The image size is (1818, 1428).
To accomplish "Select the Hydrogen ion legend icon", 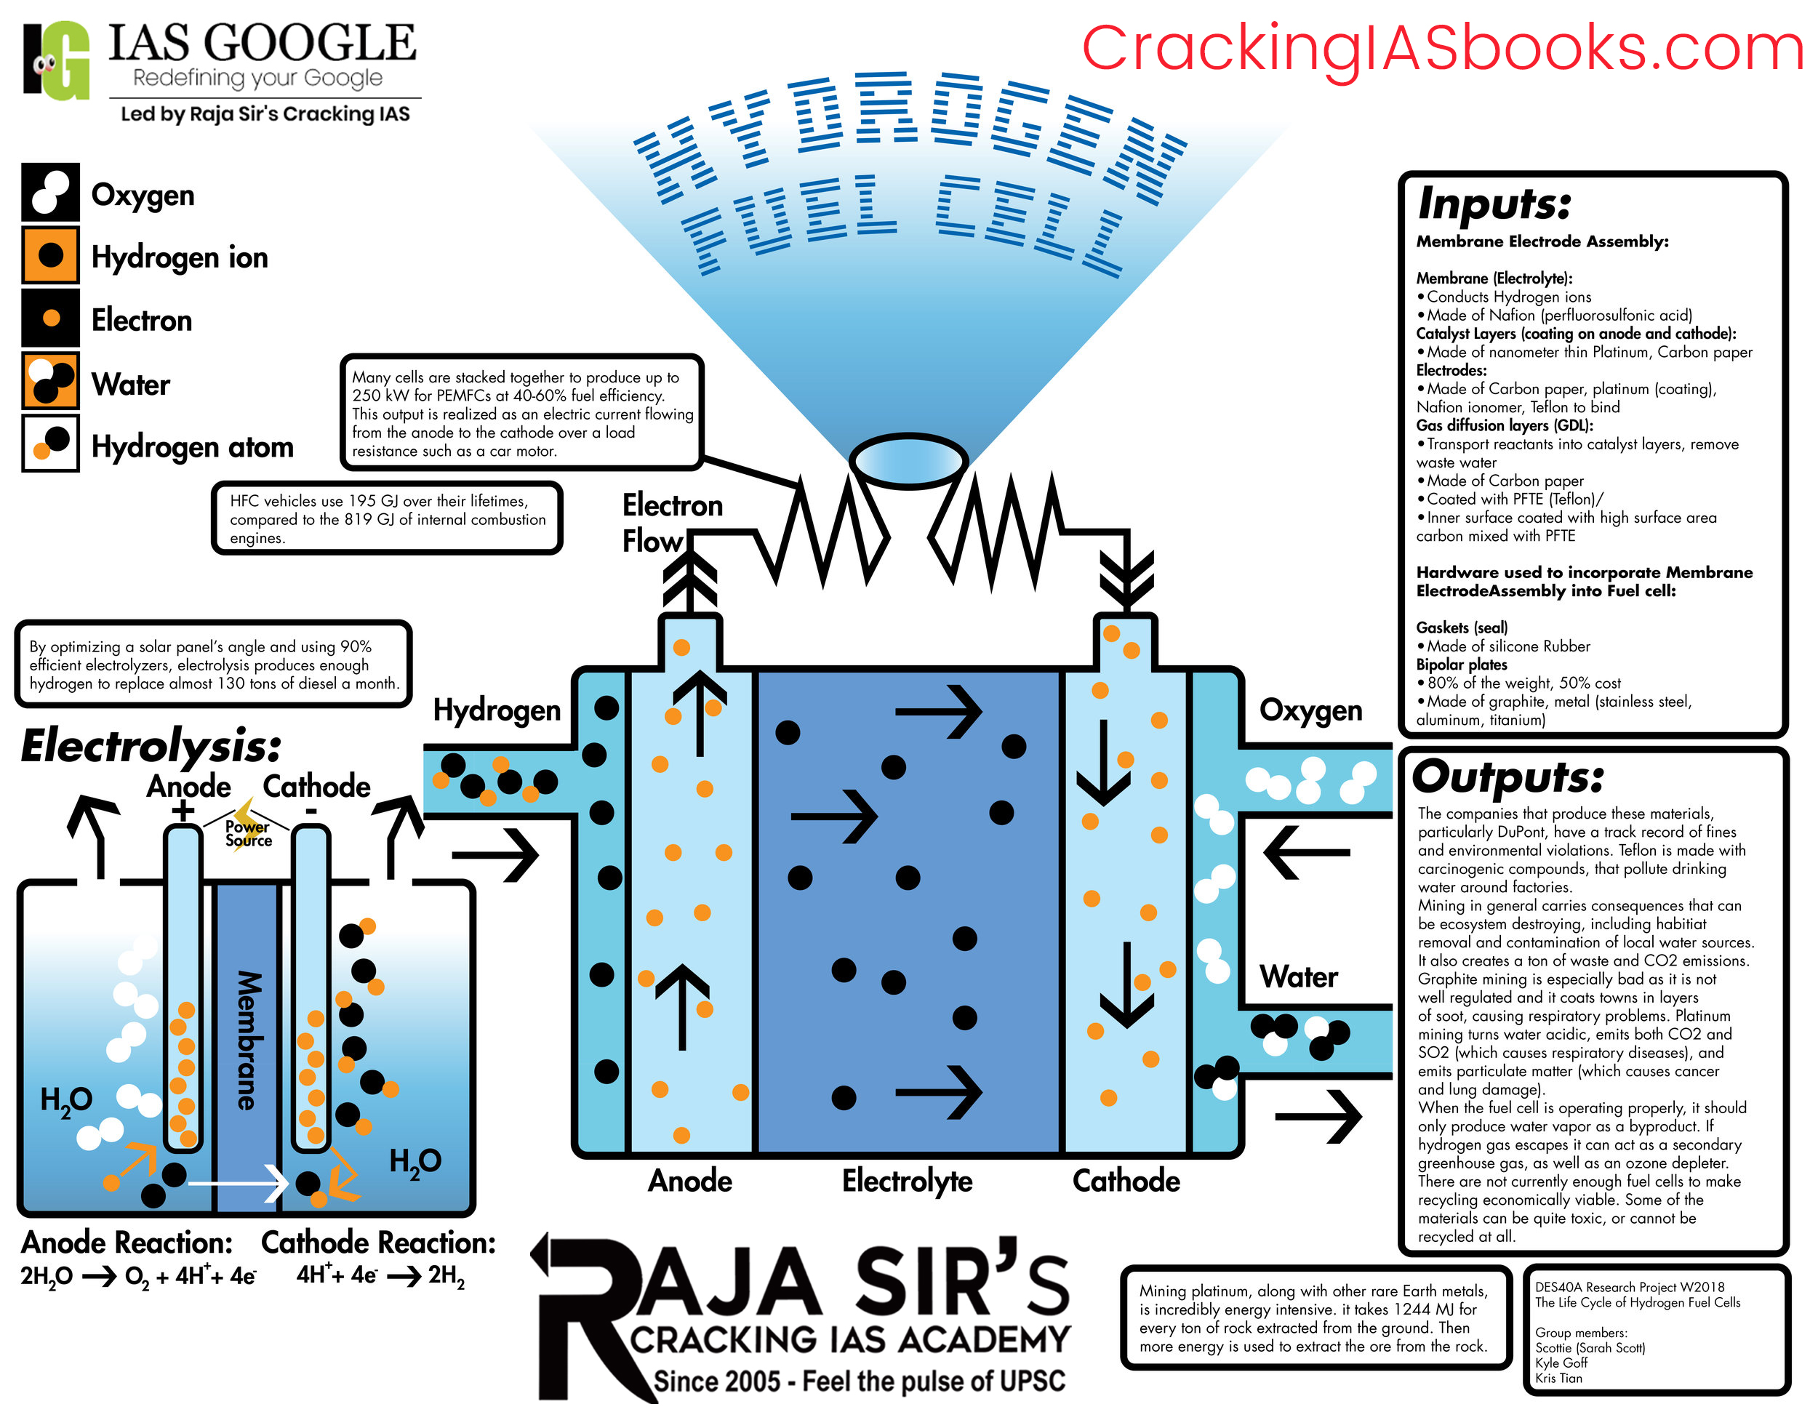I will pyautogui.click(x=50, y=255).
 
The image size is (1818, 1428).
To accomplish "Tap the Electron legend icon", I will pyautogui.click(x=50, y=318).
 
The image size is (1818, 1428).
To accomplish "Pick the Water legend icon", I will pyautogui.click(x=50, y=382).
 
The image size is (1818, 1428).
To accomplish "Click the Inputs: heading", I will pyautogui.click(x=1494, y=203).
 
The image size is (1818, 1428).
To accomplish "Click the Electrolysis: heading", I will pyautogui.click(x=151, y=746).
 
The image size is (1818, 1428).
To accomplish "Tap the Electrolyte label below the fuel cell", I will pyautogui.click(x=907, y=1181).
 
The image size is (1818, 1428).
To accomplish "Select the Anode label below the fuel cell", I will pyautogui.click(x=690, y=1181).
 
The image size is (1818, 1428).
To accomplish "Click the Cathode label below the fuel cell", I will pyautogui.click(x=1126, y=1181).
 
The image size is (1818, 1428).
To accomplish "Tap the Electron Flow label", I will pyautogui.click(x=670, y=523).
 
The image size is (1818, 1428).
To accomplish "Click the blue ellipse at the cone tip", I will pyautogui.click(x=908, y=460).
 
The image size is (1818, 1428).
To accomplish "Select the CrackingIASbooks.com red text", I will pyautogui.click(x=1442, y=49).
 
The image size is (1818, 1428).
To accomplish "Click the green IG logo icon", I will pyautogui.click(x=57, y=60).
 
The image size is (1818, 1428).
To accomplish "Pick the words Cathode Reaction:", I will pyautogui.click(x=378, y=1243).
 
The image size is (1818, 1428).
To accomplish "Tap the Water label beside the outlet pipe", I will pyautogui.click(x=1298, y=976).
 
